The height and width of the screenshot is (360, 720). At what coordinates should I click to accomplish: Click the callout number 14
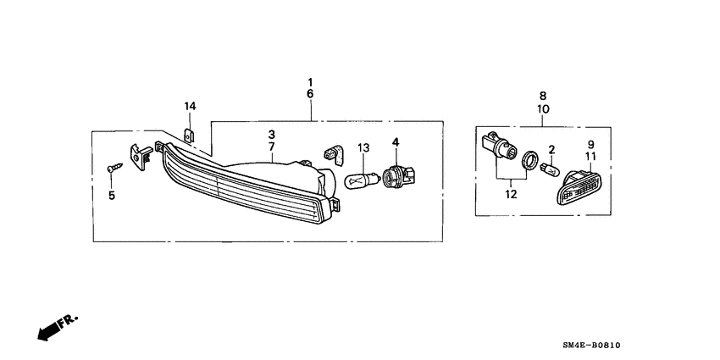click(x=191, y=106)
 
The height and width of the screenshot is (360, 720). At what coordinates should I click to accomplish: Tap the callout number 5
click(x=110, y=196)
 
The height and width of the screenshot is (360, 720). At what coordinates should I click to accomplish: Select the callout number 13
click(x=363, y=148)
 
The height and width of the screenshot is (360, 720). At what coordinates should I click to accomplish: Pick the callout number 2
click(x=551, y=150)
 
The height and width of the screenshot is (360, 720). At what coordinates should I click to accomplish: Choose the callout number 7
click(x=272, y=147)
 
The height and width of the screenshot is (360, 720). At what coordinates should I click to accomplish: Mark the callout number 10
click(x=543, y=110)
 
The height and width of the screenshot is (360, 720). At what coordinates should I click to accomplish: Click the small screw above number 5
click(x=112, y=169)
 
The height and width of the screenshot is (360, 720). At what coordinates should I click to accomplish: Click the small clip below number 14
click(x=191, y=134)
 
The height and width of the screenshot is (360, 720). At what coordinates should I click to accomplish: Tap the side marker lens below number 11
click(x=582, y=186)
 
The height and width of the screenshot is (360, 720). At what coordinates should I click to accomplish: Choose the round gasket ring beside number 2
click(x=528, y=162)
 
